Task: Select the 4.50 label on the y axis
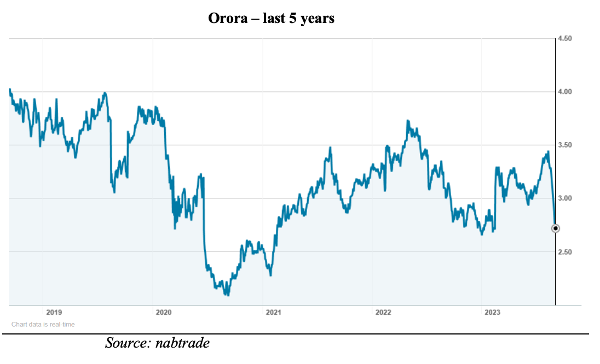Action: coord(564,39)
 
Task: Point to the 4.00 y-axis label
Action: coord(564,92)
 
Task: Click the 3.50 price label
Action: coord(564,145)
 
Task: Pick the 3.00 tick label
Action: coord(564,198)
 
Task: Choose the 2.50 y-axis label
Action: coord(564,252)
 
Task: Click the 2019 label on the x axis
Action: coord(54,313)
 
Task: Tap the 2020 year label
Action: coord(164,313)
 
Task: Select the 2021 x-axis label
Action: coord(273,313)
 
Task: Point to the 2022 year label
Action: coord(383,313)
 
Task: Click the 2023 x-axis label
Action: coord(492,313)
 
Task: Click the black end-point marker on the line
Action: coord(555,228)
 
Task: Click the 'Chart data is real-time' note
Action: coord(43,325)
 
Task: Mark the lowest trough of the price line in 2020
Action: coord(227,295)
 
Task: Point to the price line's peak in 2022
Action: coord(407,121)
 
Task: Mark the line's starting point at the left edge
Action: coord(10,89)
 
